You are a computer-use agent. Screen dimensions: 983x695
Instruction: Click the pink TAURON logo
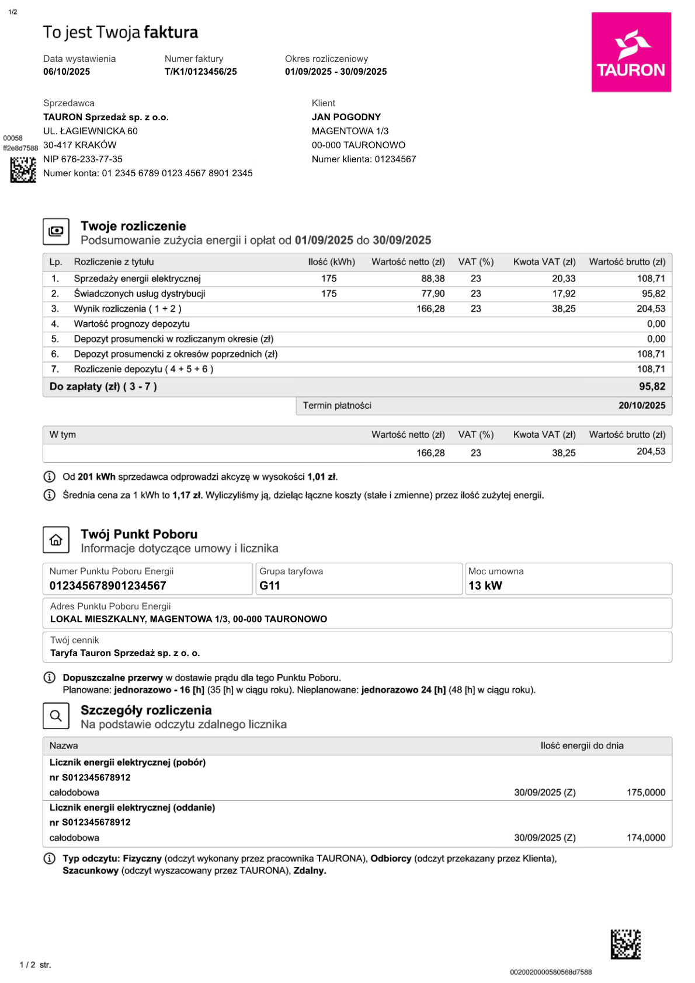coord(631,52)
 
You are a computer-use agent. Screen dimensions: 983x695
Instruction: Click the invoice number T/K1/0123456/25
coord(200,72)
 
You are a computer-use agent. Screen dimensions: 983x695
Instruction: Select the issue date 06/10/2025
coord(67,72)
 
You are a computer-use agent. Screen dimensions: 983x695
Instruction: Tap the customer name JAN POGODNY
coord(346,117)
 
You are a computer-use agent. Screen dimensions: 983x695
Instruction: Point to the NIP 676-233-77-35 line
coord(83,159)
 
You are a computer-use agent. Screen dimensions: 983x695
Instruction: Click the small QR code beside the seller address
coord(23,170)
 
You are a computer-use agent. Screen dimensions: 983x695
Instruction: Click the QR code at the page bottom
coord(625,944)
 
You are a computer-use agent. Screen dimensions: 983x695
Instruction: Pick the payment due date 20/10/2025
coord(641,406)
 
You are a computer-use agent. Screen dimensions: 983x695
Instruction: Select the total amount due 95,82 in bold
coord(652,386)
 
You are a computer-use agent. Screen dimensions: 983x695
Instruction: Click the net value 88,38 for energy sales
coord(433,279)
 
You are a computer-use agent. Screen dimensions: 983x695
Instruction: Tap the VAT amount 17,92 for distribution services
coord(564,294)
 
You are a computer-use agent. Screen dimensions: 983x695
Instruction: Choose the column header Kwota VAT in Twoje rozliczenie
coord(544,262)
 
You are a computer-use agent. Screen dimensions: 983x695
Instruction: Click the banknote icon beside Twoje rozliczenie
coord(56,231)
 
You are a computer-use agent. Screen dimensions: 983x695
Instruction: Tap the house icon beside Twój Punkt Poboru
coord(56,540)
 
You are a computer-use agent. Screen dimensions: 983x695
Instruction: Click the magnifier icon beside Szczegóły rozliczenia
coord(56,716)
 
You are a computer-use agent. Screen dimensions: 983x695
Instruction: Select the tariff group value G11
coord(270,586)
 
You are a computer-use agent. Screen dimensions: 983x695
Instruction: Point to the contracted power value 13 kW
coord(485,586)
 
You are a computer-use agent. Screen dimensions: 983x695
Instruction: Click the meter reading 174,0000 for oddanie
coord(645,838)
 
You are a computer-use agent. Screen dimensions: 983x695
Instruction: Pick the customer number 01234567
coord(395,159)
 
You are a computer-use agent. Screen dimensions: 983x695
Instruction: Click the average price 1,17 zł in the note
coord(187,496)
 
